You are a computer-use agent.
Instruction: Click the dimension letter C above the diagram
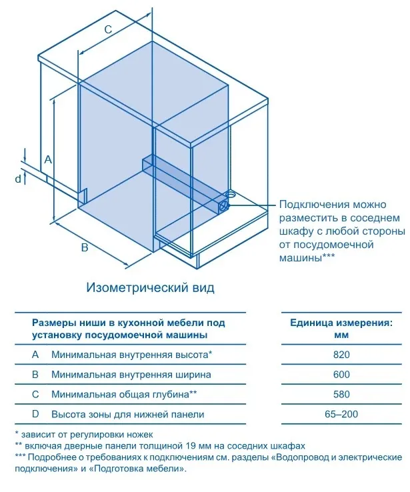pos(108,29)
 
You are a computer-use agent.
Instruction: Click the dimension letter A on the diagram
pos(47,159)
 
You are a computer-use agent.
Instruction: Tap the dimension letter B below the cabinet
pos(84,248)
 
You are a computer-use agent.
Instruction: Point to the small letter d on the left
pos(18,178)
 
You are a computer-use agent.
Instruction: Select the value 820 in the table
pos(341,355)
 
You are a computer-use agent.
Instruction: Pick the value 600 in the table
pos(341,375)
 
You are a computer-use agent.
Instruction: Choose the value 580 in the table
pos(341,395)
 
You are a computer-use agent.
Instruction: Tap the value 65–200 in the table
pos(341,414)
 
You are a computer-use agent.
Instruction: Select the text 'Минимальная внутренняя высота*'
pos(131,355)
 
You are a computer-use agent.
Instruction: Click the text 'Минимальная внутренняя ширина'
pos(131,375)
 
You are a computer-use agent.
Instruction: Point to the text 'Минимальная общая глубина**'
pos(124,395)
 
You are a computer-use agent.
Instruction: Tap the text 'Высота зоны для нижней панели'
pos(127,414)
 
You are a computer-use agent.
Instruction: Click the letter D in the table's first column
pos(35,414)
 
